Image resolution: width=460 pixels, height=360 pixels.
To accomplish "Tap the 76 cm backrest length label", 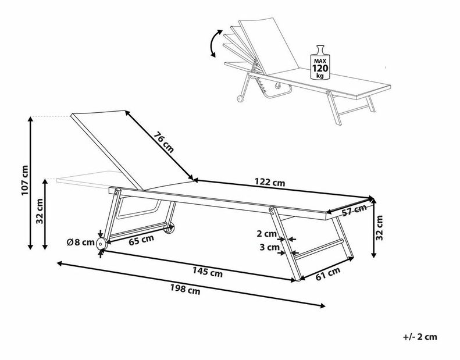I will click(164, 142).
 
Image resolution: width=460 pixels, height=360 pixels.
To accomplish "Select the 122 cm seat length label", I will click(270, 183).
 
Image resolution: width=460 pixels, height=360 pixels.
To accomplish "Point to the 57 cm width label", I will click(354, 211).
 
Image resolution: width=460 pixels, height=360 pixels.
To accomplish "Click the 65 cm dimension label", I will click(141, 238).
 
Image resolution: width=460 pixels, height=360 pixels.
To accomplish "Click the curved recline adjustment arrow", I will click(214, 44).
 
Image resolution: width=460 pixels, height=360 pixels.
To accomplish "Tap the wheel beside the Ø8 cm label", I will click(101, 244).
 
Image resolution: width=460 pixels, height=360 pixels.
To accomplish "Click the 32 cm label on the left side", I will click(40, 212).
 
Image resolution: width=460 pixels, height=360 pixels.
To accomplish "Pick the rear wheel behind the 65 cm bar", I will click(169, 229).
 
